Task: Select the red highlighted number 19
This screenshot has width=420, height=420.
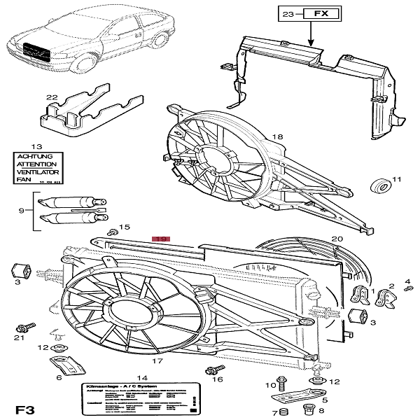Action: click(162, 239)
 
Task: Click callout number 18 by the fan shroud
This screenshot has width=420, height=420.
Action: click(277, 136)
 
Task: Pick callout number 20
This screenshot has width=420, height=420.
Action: click(337, 239)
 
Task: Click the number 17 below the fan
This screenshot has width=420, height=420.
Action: click(157, 362)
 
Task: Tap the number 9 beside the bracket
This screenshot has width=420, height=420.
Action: click(22, 210)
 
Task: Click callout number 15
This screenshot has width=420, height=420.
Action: click(125, 227)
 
